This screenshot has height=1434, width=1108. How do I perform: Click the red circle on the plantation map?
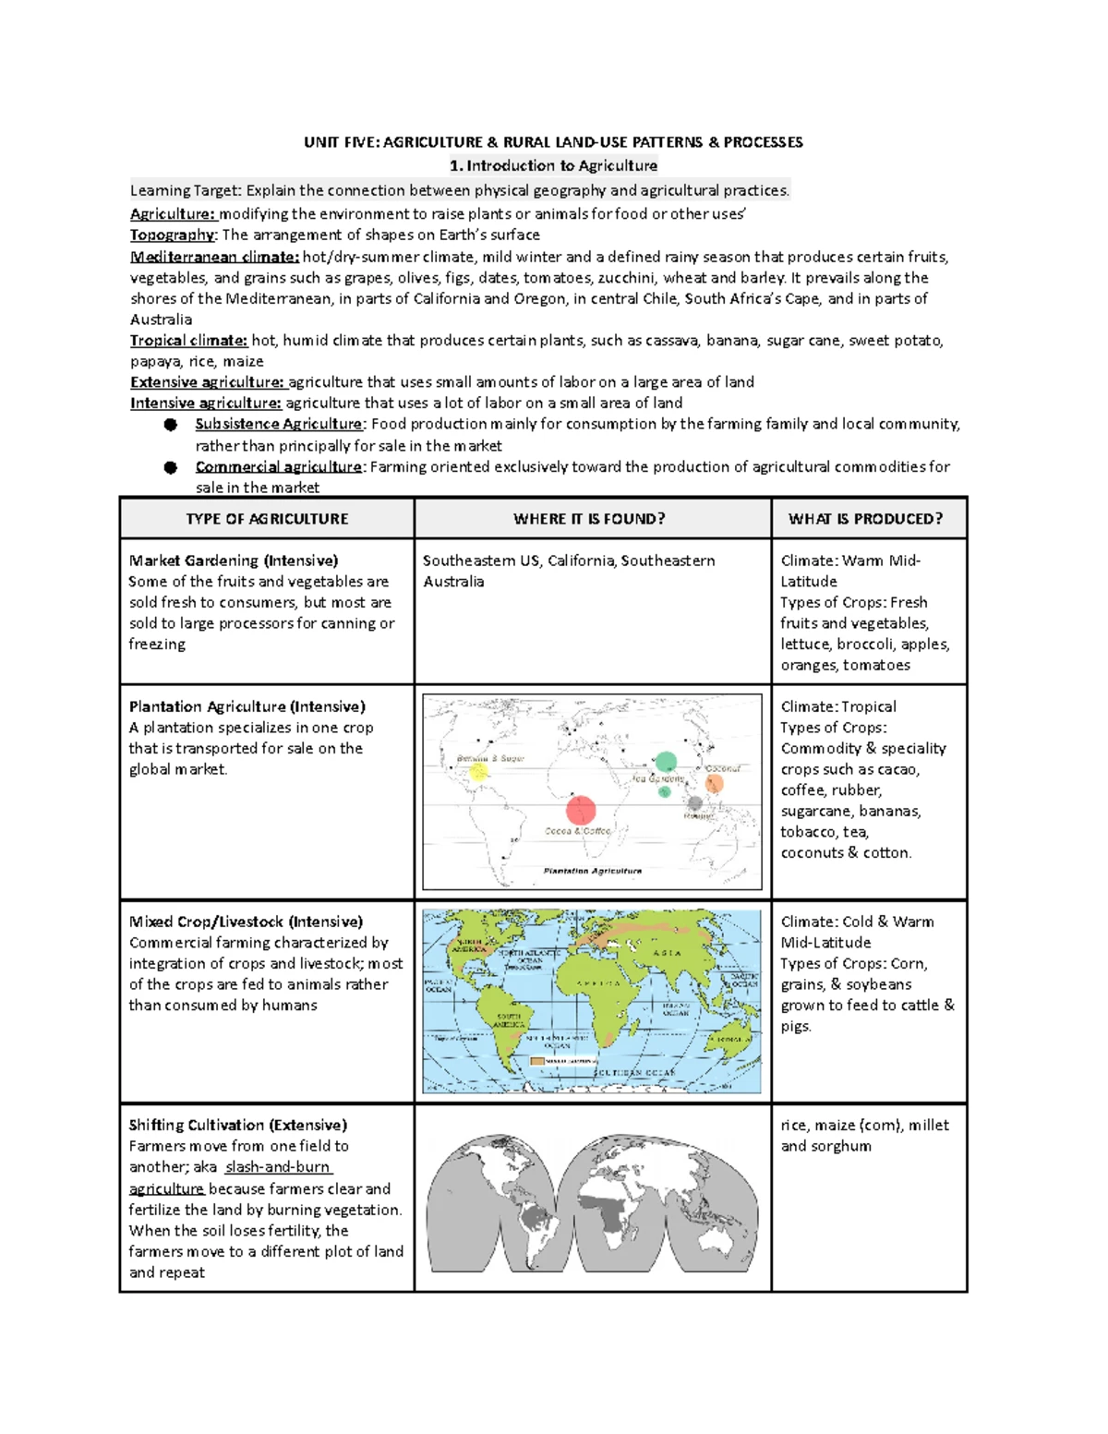[x=580, y=810]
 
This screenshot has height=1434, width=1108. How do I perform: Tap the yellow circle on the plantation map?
[x=477, y=773]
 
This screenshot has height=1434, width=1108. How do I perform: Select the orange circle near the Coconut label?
[x=714, y=784]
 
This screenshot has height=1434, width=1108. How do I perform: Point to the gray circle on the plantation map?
[x=695, y=803]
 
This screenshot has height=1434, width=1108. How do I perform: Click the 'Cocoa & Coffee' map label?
[x=577, y=831]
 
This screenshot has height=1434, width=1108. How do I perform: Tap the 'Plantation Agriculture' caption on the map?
[x=592, y=871]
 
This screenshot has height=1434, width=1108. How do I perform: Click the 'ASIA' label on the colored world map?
[x=667, y=952]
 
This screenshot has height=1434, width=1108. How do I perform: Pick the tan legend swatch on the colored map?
[x=536, y=1062]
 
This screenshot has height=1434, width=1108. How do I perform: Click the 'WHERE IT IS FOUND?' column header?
[x=589, y=519]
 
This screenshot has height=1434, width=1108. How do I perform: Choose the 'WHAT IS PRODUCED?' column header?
[x=865, y=519]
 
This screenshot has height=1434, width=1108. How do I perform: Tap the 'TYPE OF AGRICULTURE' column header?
[x=267, y=519]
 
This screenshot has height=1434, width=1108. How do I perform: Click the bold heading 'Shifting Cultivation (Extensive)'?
[x=237, y=1125]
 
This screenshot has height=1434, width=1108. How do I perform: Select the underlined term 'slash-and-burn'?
[x=278, y=1166]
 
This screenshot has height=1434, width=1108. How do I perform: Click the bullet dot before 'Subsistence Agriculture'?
[x=171, y=425]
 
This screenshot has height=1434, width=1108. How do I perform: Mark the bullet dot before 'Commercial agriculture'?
[x=171, y=467]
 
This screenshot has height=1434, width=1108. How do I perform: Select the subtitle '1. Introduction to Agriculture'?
[x=553, y=166]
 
